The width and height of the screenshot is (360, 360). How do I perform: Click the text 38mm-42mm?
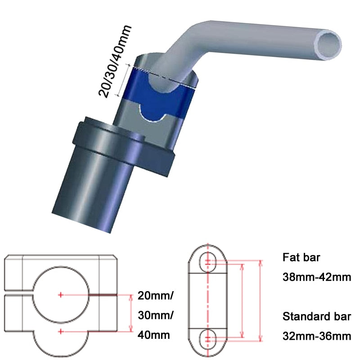coord(317,277)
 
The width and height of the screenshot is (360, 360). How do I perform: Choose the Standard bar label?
coord(316,316)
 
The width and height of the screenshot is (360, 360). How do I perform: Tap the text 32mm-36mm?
coord(317,335)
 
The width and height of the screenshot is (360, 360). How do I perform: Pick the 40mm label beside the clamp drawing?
coord(153,335)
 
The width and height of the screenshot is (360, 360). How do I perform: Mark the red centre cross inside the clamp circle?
coord(61,295)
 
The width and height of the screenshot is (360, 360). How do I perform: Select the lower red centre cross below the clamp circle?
coord(61,332)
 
